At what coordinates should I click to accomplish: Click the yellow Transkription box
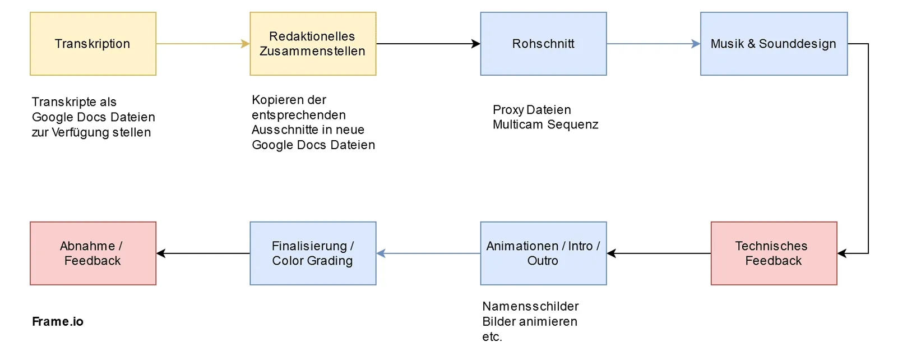pos(93,44)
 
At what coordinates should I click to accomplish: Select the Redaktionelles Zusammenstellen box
pos(313,44)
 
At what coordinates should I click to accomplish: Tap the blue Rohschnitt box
pos(543,44)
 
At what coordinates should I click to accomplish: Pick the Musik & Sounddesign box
pos(774,44)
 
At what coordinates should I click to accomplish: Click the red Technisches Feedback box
pos(774,253)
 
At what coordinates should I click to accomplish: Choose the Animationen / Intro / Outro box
pos(543,253)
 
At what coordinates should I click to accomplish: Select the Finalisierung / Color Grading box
pos(313,253)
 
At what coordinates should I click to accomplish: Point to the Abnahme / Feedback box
pos(93,253)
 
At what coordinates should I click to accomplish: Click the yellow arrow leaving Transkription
pos(202,44)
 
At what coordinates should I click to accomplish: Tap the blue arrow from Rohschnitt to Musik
pos(653,44)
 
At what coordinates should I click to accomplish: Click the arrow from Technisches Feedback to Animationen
pos(659,253)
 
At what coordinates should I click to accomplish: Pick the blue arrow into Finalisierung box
pos(428,253)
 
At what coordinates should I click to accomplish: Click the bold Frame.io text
pos(58,322)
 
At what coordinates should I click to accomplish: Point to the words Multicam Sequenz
pos(545,124)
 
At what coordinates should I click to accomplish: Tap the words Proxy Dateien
pos(532,110)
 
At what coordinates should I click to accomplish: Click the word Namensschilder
pos(530,307)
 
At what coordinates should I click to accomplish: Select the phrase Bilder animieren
pos(530,322)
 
